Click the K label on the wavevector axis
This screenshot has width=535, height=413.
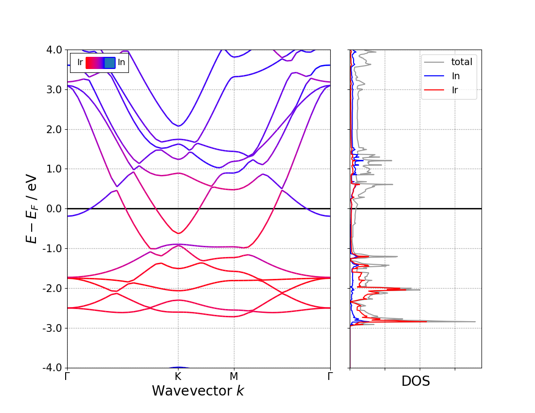point(178,377)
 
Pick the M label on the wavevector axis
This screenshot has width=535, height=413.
point(234,377)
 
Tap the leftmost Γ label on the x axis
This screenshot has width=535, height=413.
point(67,377)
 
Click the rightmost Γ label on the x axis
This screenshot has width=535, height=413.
point(330,377)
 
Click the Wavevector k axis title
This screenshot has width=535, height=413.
point(198,391)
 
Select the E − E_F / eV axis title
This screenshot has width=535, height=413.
point(32,208)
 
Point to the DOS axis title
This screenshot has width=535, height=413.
point(415,382)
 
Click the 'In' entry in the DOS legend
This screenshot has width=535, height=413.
point(455,76)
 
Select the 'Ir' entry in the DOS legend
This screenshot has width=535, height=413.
point(454,90)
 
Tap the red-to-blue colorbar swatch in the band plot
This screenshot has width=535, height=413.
point(100,63)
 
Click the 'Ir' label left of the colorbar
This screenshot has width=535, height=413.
point(80,63)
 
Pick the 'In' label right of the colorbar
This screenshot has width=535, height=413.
point(121,63)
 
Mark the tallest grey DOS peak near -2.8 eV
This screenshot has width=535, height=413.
point(475,322)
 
